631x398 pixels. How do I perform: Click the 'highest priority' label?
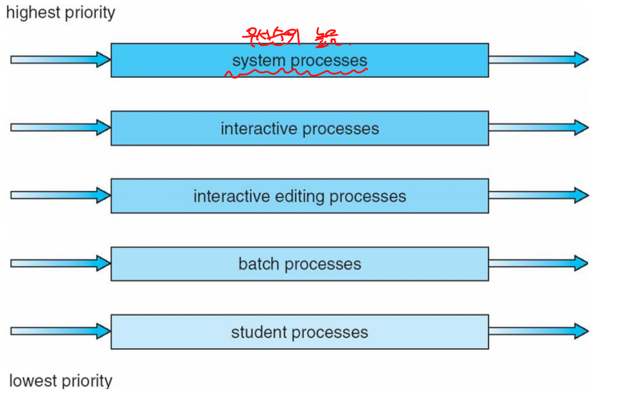[x=61, y=13]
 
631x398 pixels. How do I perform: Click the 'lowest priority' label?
[x=61, y=381]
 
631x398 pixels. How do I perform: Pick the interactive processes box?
[x=299, y=128]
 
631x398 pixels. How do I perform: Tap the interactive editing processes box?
[x=299, y=196]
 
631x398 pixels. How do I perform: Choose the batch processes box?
[x=299, y=264]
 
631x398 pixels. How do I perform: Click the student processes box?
[x=299, y=332]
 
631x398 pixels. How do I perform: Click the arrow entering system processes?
[x=61, y=59]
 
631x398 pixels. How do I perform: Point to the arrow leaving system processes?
[x=538, y=59]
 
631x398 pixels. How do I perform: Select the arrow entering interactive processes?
[x=61, y=127]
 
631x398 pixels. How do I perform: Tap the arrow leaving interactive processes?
[x=538, y=127]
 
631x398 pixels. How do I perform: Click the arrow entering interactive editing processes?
[x=61, y=195]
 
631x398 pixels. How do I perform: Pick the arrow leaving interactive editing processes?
[x=538, y=195]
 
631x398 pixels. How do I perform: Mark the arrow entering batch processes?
[x=61, y=263]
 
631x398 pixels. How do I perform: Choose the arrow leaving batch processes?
[x=538, y=263]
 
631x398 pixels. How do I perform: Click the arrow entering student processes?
[x=61, y=331]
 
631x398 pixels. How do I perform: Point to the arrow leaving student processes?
[x=538, y=331]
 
